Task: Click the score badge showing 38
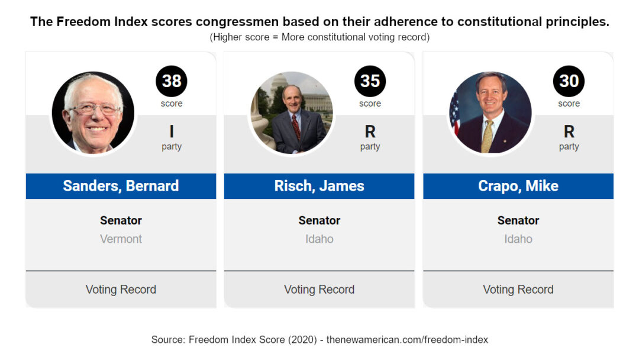(171, 81)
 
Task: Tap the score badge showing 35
(370, 81)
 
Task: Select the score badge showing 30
(569, 81)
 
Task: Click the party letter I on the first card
(172, 131)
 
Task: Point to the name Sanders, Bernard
(121, 186)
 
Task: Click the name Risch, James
(319, 186)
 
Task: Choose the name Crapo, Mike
(518, 186)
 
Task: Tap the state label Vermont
(121, 239)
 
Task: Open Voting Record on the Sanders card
(121, 290)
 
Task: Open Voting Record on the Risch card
(319, 290)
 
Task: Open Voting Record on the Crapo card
(518, 290)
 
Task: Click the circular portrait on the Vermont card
(93, 113)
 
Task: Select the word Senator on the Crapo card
(518, 221)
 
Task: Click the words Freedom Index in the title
(102, 21)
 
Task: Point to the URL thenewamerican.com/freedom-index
(407, 340)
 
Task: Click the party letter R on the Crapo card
(569, 131)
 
